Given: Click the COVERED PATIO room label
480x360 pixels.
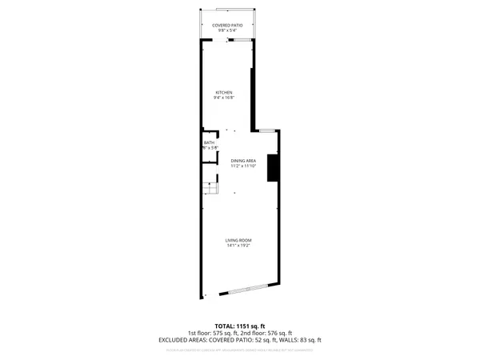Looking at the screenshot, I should point(228,25).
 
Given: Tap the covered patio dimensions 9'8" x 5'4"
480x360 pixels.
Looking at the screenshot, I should point(228,30).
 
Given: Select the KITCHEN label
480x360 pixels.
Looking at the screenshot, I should point(223,93).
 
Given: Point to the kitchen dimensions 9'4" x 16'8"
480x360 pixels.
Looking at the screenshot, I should point(223,98).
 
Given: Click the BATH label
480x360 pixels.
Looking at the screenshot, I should point(209,142).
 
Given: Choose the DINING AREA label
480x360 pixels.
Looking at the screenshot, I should point(243,160).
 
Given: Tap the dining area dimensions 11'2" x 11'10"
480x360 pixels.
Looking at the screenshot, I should point(243,166).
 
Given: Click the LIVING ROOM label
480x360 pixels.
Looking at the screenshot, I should point(238,241).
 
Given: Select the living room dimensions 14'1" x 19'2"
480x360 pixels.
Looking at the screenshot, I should point(238,246).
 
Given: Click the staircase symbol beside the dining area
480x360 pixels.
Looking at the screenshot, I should point(211,189).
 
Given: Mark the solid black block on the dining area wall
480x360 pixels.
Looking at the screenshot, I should point(272,169).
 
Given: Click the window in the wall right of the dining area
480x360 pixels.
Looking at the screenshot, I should point(267,130).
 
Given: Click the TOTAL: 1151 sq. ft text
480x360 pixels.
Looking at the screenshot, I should point(239,326).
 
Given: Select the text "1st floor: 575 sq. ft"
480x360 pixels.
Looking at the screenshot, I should point(210,334).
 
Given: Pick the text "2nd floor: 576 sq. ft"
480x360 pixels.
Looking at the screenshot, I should point(269,334).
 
